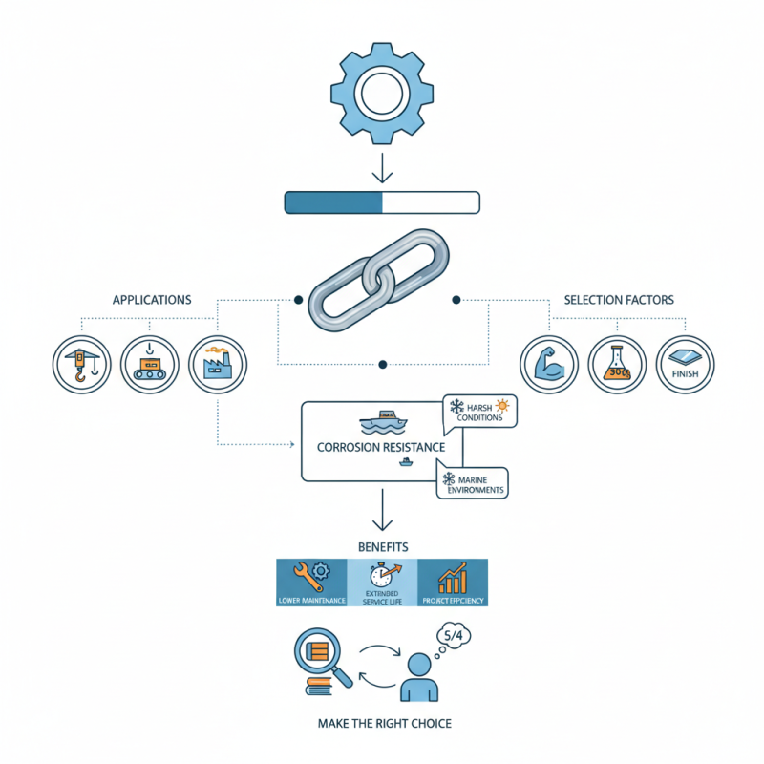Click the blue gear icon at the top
pyautogui.click(x=382, y=93)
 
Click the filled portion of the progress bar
pyautogui.click(x=333, y=202)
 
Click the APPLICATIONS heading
pyautogui.click(x=152, y=300)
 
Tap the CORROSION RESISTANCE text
pyautogui.click(x=381, y=446)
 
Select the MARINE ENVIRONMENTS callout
pyautogui.click(x=473, y=482)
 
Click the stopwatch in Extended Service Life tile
pyautogui.click(x=382, y=576)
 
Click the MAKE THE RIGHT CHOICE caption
pyautogui.click(x=384, y=723)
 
